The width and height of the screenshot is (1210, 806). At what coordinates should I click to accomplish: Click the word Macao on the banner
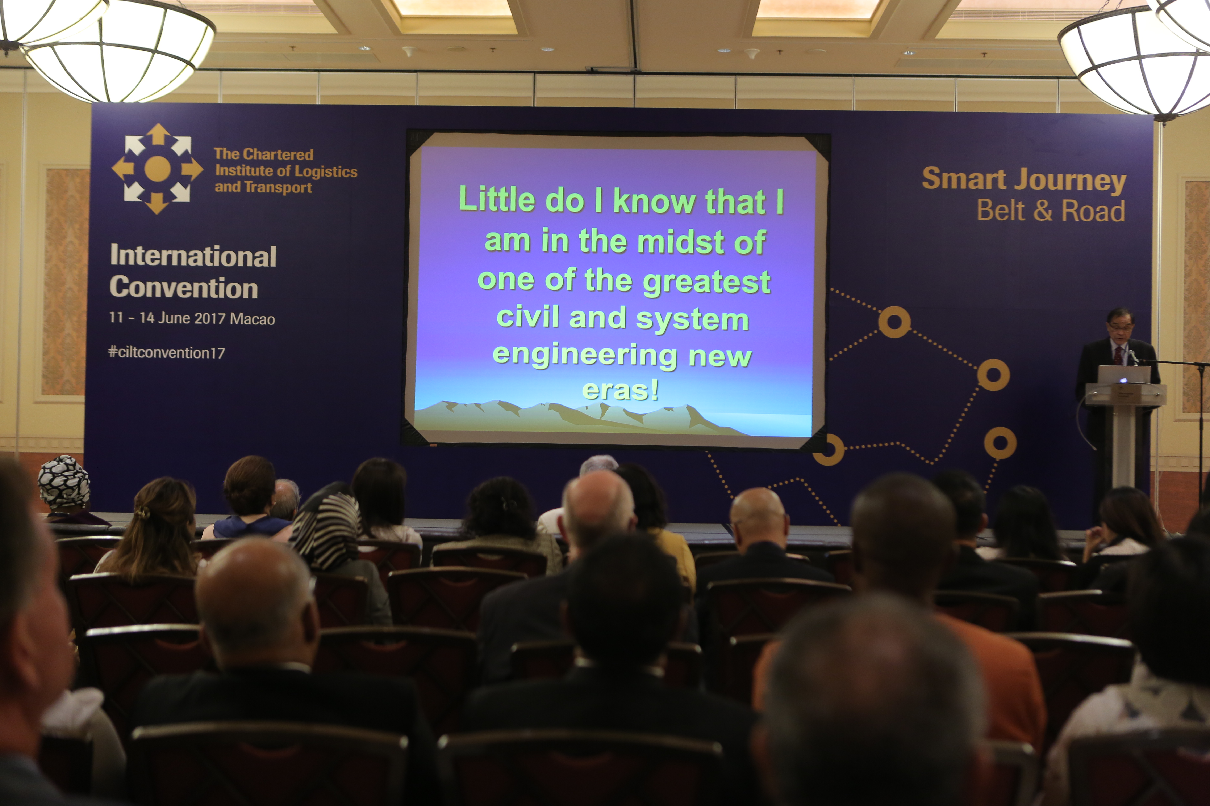(252, 319)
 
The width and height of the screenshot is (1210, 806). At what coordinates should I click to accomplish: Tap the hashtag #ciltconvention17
(166, 353)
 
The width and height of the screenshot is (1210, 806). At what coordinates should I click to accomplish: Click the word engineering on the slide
(585, 356)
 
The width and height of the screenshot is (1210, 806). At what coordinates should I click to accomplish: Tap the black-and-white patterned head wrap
(64, 482)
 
